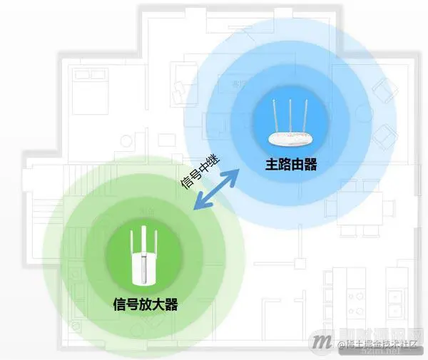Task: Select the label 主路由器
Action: (291, 165)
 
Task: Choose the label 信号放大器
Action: (145, 305)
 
